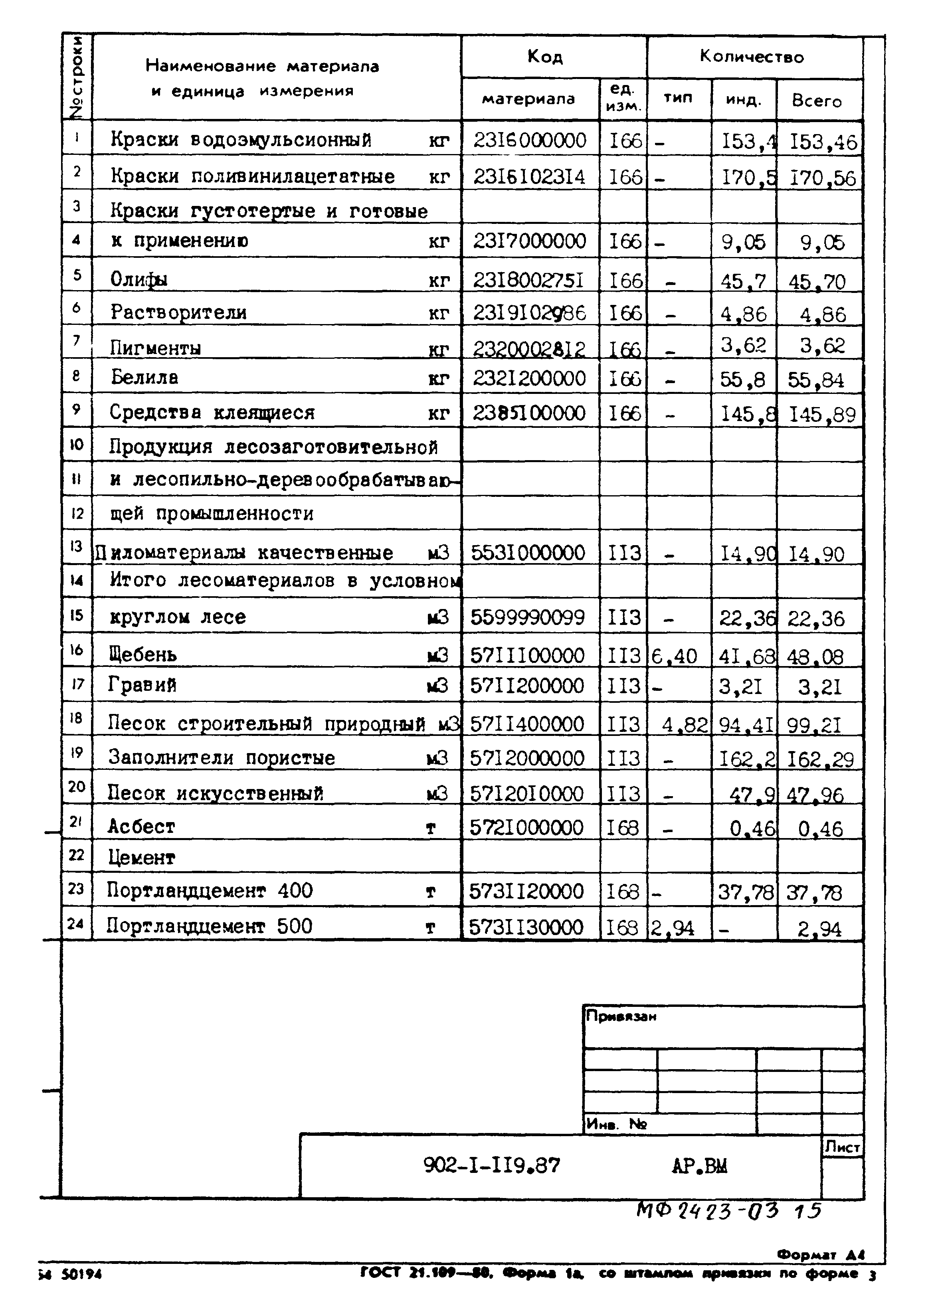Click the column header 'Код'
pyautogui.click(x=545, y=57)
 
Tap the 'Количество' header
pyautogui.click(x=752, y=57)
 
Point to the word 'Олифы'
pyautogui.click(x=139, y=279)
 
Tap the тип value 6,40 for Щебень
pyautogui.click(x=674, y=656)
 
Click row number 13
pyautogui.click(x=76, y=546)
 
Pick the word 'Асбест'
pyautogui.click(x=141, y=826)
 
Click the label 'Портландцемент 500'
pyautogui.click(x=210, y=926)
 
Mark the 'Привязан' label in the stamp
pyautogui.click(x=621, y=1016)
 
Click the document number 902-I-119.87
pyautogui.click(x=492, y=1165)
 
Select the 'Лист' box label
pyautogui.click(x=842, y=1147)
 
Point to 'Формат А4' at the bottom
pyautogui.click(x=820, y=1255)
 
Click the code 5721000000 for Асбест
pyautogui.click(x=526, y=828)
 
